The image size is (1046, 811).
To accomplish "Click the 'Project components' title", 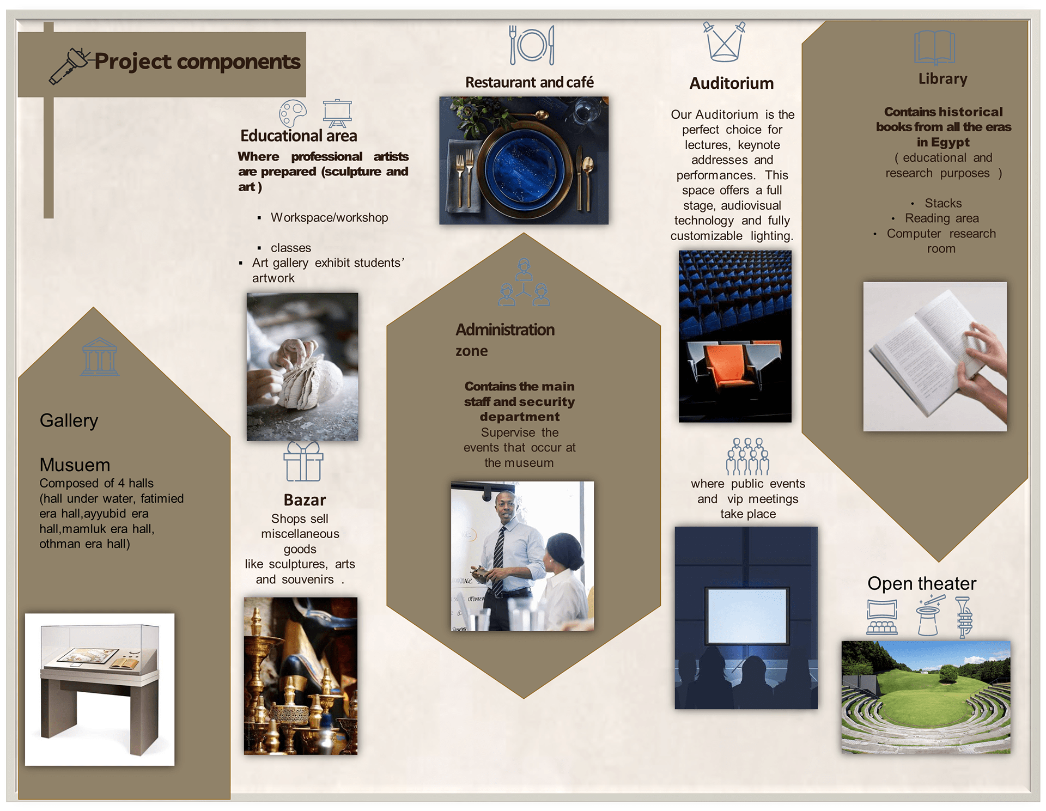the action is pyautogui.click(x=197, y=62).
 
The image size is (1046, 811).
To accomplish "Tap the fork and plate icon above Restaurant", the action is pyautogui.click(x=532, y=45).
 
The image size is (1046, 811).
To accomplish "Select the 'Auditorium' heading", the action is pyautogui.click(x=731, y=83).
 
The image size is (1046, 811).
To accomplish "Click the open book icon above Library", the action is pyautogui.click(x=934, y=48).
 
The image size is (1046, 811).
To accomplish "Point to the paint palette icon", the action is pyautogui.click(x=293, y=113).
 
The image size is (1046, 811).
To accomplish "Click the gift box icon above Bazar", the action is pyautogui.click(x=303, y=461).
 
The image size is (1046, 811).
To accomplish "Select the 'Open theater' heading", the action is pyautogui.click(x=922, y=583).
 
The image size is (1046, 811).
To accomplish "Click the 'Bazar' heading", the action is pyautogui.click(x=305, y=500).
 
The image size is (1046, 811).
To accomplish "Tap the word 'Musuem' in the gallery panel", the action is pyautogui.click(x=75, y=465).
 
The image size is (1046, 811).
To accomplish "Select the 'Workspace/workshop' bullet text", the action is pyautogui.click(x=330, y=217).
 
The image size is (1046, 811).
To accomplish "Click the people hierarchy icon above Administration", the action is pyautogui.click(x=524, y=282).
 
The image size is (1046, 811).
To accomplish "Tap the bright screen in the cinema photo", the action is pyautogui.click(x=747, y=615).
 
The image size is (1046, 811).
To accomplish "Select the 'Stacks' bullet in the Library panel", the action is pyautogui.click(x=943, y=203).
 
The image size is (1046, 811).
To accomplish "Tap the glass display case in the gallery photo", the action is pyautogui.click(x=100, y=648).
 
